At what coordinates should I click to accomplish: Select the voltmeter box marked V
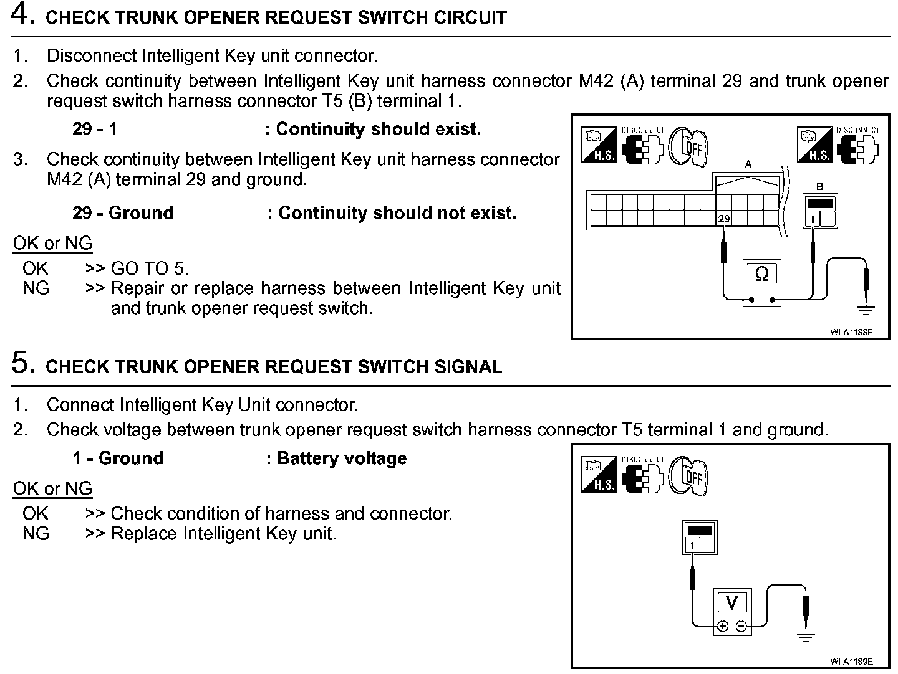pos(732,602)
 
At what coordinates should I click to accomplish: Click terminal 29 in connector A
pos(723,219)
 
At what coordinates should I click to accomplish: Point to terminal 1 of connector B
pos(813,219)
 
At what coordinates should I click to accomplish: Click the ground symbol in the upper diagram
pos(866,309)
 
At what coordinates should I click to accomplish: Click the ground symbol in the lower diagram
pos(806,637)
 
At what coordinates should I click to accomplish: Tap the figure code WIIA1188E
pos(851,332)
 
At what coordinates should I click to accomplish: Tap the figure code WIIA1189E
pos(851,661)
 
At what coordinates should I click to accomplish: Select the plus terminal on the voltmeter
pos(723,626)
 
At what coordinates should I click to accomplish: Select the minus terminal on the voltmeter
pos(741,626)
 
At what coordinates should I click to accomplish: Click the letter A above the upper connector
pos(748,164)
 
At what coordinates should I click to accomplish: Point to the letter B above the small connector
pos(819,186)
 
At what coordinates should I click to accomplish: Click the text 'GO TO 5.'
pos(150,268)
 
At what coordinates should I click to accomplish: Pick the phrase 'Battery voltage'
pos(342,458)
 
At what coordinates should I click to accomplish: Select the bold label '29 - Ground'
pos(123,213)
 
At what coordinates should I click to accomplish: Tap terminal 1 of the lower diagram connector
pos(692,546)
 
